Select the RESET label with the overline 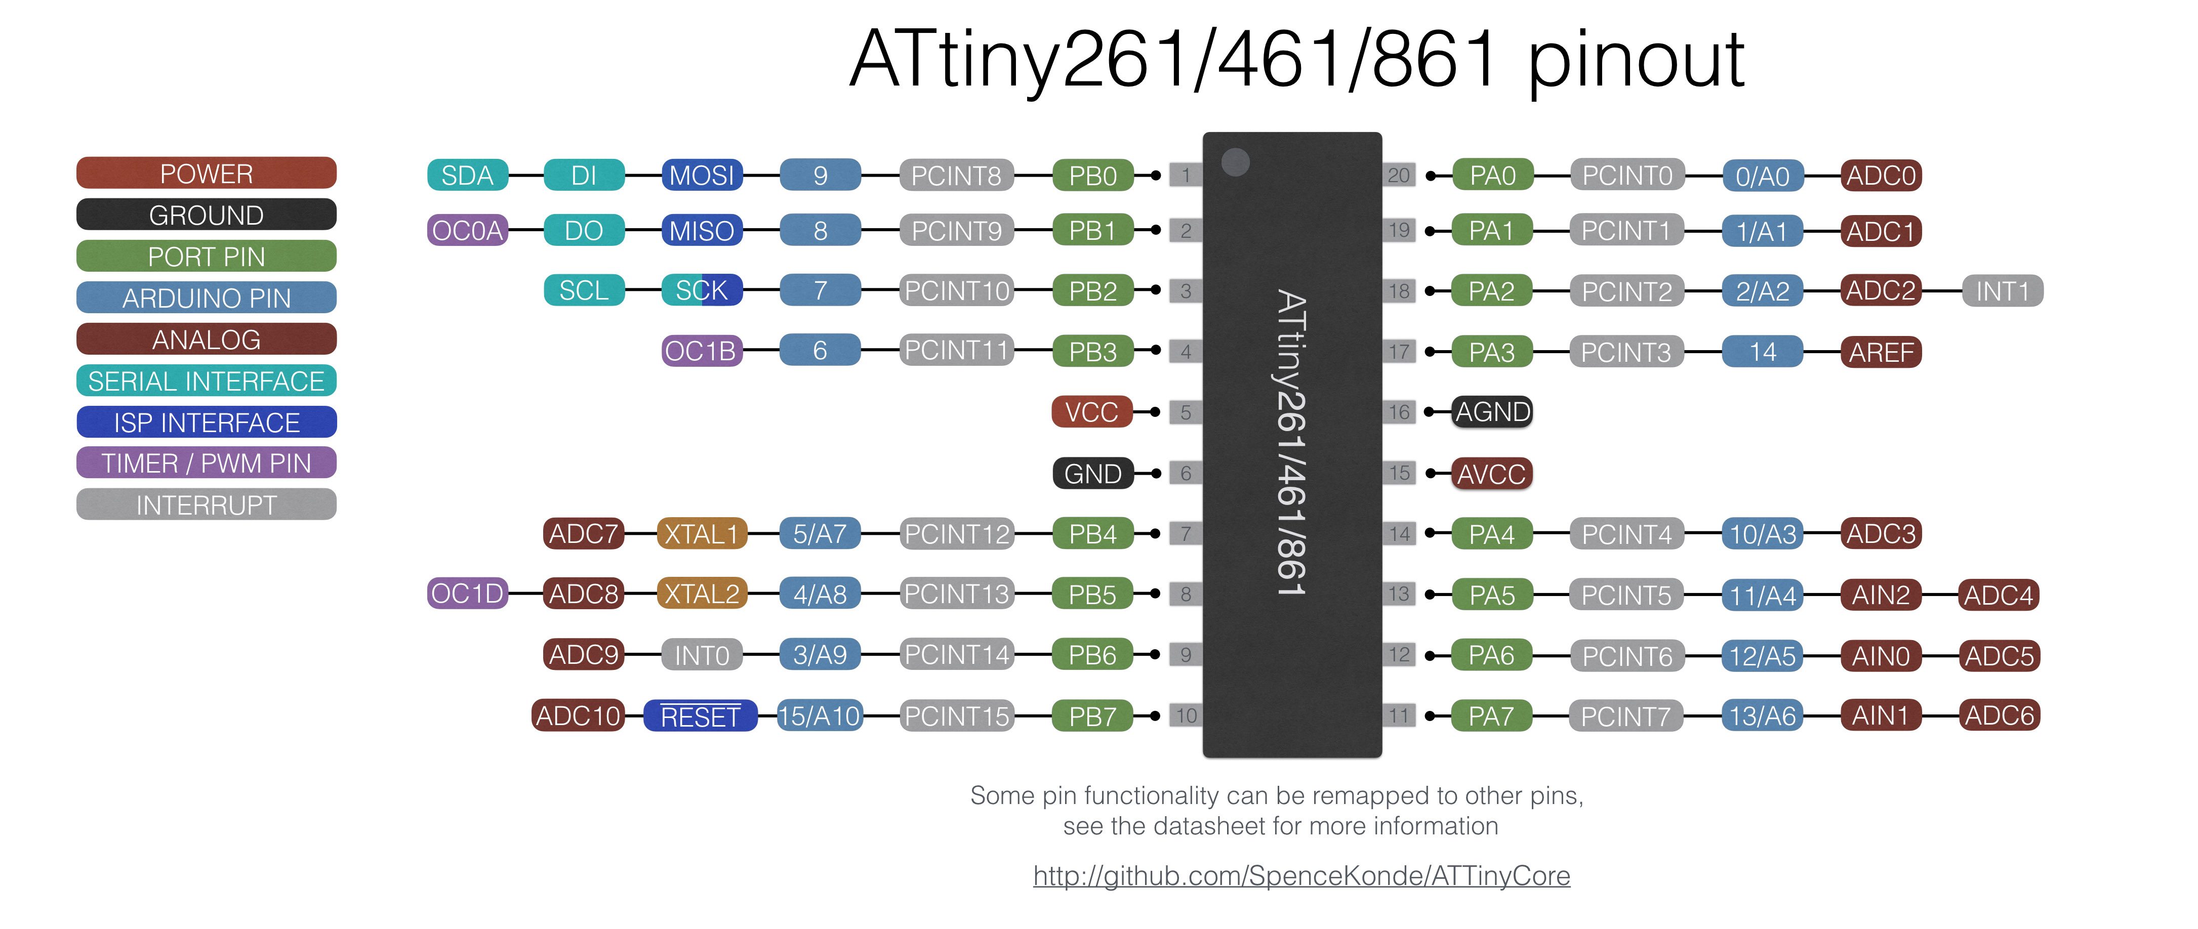click(x=701, y=716)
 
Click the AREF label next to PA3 click(x=1881, y=352)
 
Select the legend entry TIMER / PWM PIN click(x=207, y=463)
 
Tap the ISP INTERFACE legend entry click(x=207, y=423)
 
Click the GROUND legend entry click(x=207, y=215)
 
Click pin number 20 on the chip click(x=1399, y=176)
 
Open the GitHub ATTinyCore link click(x=1301, y=876)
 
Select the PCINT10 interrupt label click(x=957, y=291)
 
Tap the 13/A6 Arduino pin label click(x=1762, y=716)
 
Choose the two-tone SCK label click(x=702, y=291)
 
